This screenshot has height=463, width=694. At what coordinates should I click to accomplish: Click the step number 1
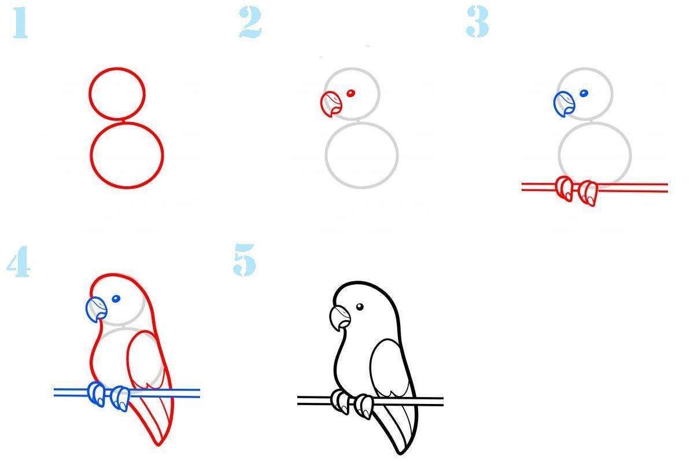point(20,23)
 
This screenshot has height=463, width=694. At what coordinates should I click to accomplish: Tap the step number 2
point(250,23)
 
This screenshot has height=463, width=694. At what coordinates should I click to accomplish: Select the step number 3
point(478,22)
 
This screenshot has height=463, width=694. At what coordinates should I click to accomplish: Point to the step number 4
point(19,261)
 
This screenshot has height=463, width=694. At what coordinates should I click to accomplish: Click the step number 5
point(245,260)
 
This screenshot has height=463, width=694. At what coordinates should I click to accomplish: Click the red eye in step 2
point(350,93)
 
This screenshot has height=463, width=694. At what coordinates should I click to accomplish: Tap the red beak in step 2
point(331,104)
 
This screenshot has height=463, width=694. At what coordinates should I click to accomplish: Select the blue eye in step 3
point(584,93)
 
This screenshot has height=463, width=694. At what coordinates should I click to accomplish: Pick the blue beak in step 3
point(564,104)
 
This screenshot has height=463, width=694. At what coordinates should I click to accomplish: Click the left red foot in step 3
point(564,189)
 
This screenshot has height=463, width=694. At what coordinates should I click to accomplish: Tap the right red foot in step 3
point(588,193)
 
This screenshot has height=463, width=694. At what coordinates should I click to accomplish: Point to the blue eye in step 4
point(116,299)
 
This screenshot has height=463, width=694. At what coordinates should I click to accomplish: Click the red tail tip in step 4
point(158,444)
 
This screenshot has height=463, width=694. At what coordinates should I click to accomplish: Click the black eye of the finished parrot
point(360,307)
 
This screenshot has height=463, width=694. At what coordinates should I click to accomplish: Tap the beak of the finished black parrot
point(340,318)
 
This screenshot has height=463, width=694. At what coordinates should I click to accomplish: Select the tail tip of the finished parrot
point(400,453)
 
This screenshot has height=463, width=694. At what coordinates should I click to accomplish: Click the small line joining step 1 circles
point(123,120)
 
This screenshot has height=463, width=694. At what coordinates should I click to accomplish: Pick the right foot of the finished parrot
point(364,406)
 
